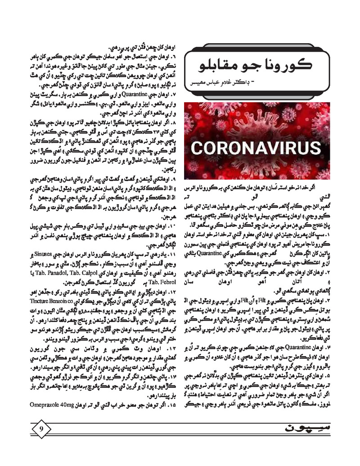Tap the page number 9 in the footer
(x=41, y=428)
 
